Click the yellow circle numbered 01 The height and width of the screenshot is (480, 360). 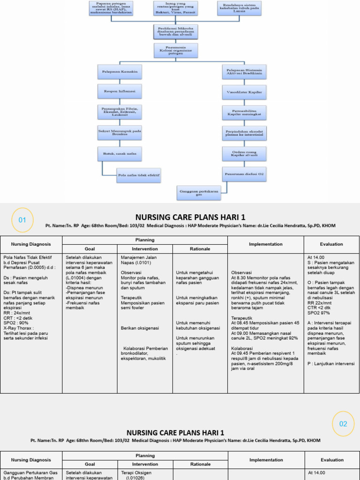pyautogui.click(x=22, y=220)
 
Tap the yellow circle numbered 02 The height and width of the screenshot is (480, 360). pyautogui.click(x=343, y=423)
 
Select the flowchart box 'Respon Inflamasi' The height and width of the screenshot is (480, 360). pyautogui.click(x=120, y=90)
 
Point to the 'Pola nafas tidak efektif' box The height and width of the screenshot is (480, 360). pyautogui.click(x=139, y=176)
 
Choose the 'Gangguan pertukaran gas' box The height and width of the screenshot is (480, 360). pyautogui.click(x=199, y=192)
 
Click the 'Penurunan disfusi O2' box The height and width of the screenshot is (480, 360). pyautogui.click(x=244, y=173)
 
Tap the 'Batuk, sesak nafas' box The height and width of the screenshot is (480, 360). pyautogui.click(x=120, y=153)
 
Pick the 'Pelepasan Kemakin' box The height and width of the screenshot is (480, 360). pyautogui.click(x=120, y=71)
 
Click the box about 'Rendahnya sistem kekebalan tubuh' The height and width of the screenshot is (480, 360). pyautogui.click(x=240, y=8)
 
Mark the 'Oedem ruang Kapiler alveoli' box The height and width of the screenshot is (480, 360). pyautogui.click(x=244, y=153)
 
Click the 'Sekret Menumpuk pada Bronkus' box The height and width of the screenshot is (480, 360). pyautogui.click(x=120, y=132)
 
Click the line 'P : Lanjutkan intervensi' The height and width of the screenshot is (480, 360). pyautogui.click(x=331, y=364)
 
